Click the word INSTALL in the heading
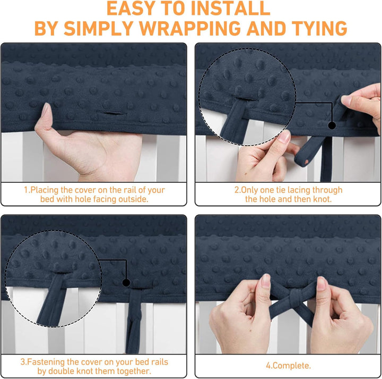230,9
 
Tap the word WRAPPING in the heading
189,28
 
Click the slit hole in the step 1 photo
110,113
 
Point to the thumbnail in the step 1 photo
46,110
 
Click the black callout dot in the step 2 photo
332,125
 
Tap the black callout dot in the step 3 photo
126,283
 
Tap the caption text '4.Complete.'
289,366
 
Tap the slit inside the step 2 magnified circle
245,99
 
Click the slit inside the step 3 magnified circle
63,272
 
